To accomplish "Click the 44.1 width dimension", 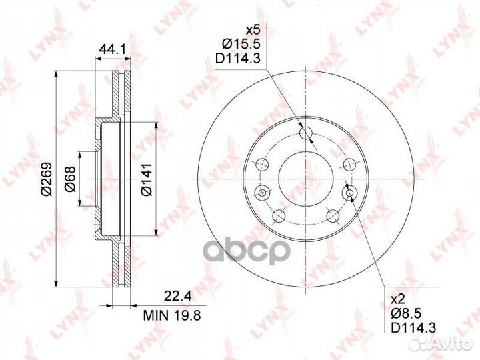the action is click(x=113, y=49).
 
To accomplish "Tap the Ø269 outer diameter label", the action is click(x=47, y=179).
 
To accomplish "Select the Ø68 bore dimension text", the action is click(x=70, y=179).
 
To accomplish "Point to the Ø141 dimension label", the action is click(x=147, y=179).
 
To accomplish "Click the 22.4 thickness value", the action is click(x=178, y=296).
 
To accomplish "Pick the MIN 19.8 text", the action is click(x=173, y=315).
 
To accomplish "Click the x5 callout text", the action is click(x=253, y=30).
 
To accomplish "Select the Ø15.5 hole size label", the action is click(x=241, y=45).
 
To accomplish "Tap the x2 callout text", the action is click(x=398, y=299).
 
